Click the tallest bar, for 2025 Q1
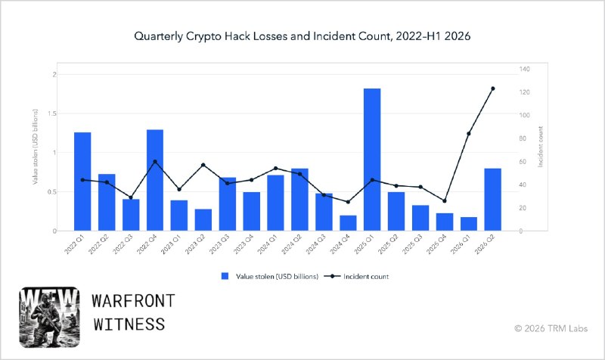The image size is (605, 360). tap(372, 160)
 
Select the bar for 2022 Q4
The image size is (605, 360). tap(155, 180)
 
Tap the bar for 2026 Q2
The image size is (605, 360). tap(493, 200)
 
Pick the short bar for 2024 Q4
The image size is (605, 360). tap(348, 223)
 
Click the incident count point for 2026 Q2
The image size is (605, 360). tap(493, 88)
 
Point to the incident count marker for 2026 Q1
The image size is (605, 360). tap(469, 134)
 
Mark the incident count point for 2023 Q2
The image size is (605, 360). tap(203, 165)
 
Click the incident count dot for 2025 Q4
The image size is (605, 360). tap(445, 200)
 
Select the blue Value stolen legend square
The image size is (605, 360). tap(225, 276)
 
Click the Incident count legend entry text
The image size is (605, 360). tap(366, 276)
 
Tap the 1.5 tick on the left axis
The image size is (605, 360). tap(51, 113)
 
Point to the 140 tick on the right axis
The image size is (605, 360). tap(524, 69)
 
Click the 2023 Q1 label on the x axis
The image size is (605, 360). tap(171, 244)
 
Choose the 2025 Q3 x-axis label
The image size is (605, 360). tap(412, 244)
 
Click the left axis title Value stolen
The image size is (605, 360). tap(35, 147)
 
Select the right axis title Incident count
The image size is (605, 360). tap(540, 147)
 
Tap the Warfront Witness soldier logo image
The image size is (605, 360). tap(49, 317)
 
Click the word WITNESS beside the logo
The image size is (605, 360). tap(129, 324)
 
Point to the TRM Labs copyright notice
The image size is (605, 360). tap(551, 328)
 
